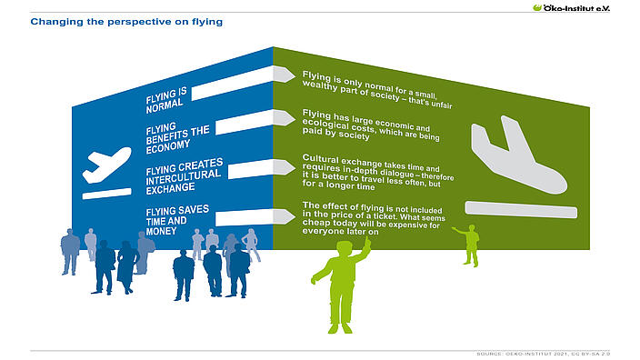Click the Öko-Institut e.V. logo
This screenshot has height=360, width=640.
click(x=585, y=7)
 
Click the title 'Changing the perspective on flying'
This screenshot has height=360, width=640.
click(x=126, y=20)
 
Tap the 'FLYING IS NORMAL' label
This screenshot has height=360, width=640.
click(x=166, y=97)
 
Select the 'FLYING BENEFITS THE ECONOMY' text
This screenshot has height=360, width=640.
click(x=177, y=135)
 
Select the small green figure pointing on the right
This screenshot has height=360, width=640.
click(x=470, y=244)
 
